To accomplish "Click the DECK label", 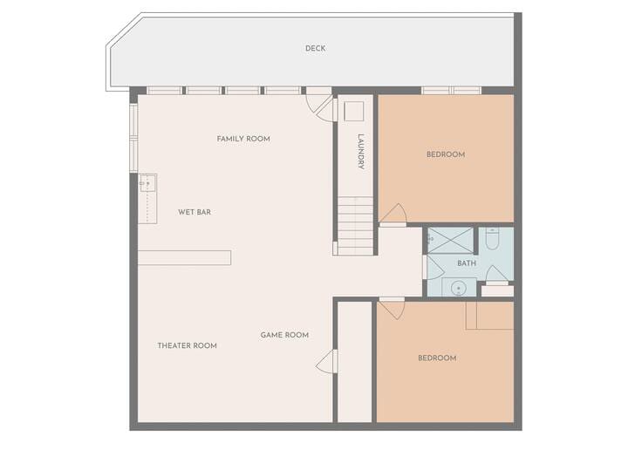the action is pos(315,49).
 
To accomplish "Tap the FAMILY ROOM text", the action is pos(243,139).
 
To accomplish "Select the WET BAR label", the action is pos(195,212).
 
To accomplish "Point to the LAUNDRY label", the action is pos(361,152).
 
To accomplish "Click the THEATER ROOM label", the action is pos(187,345).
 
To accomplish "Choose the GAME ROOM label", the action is pos(284,335).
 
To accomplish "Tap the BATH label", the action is pos(467,263).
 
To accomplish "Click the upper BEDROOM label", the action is pos(446,154).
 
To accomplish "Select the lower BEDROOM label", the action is pos(437,358).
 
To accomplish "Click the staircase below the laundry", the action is pos(355,226).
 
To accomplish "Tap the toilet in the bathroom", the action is pos(492,238).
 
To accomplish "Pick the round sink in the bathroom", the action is pos(458,288).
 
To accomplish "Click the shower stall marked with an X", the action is pos(451,241).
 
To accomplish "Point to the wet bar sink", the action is pos(147,183).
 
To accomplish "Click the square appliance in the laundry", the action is pos(353,112).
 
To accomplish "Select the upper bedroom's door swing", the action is pos(393,213).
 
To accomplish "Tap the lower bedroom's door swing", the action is pos(392,310).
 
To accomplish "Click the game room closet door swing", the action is pos(325,362).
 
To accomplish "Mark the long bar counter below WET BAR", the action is pos(184,258).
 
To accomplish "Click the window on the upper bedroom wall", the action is pos(451,91).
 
